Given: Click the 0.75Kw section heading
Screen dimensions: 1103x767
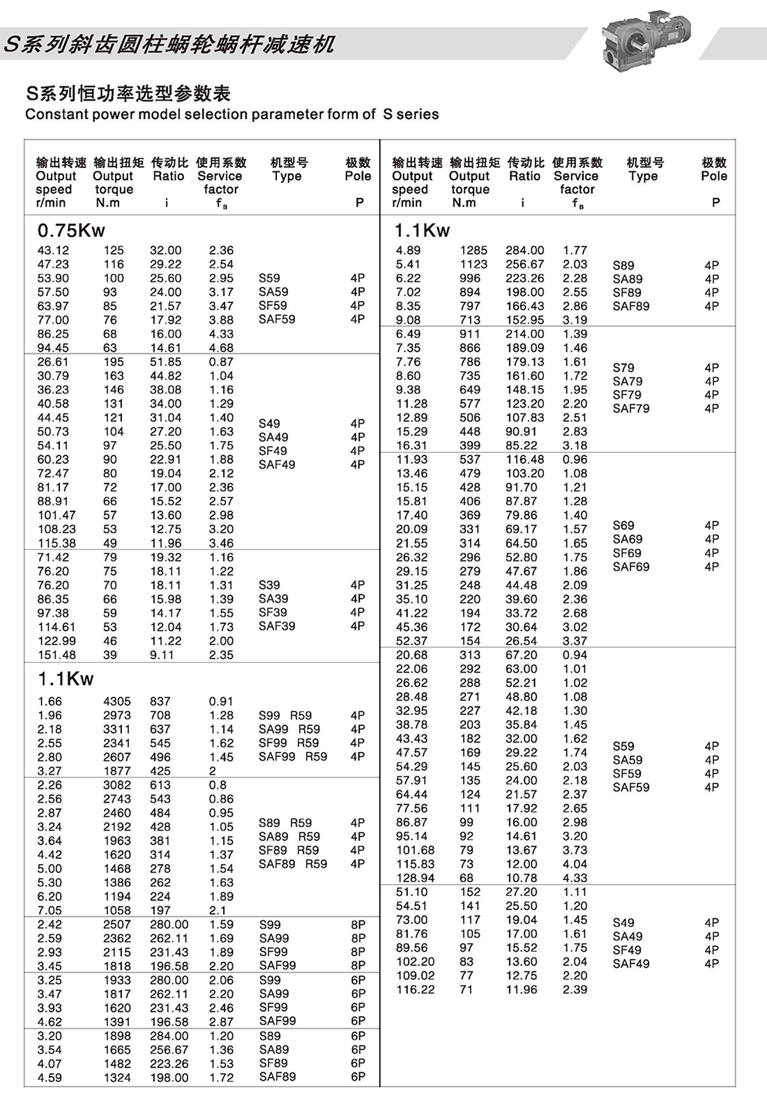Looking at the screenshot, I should pos(71,231).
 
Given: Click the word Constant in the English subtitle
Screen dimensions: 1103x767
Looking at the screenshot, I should pos(54,114).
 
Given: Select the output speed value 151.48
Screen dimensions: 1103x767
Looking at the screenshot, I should pos(56,655).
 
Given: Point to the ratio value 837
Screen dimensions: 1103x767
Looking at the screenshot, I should pos(160,702).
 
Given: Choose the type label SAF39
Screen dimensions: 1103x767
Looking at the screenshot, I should pos(277,626).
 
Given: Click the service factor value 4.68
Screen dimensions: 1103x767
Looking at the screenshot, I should pos(221,348).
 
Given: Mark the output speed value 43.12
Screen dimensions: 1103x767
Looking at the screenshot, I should pos(53,250).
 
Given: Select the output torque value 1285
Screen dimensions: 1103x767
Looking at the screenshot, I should pos(473,250).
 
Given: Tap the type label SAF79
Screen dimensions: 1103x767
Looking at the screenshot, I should pos(631,408).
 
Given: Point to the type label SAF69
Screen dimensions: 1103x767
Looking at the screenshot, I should pos(631,566).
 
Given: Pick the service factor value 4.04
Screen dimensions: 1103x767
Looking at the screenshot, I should pos(575,864).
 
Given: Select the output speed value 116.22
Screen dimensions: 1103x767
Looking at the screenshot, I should pos(415,989).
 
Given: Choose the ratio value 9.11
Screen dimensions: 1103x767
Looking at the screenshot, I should pos(162,655).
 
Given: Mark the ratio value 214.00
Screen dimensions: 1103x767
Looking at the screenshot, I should pos(525,334).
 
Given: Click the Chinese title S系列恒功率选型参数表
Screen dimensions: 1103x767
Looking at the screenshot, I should pos(128,93).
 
